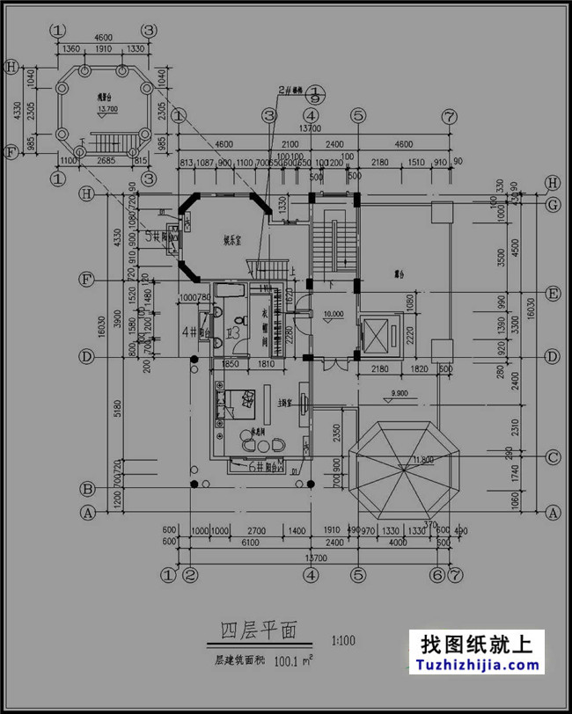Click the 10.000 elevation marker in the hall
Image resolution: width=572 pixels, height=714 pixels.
[x=334, y=314]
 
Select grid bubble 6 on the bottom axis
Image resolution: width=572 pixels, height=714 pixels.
[x=436, y=575]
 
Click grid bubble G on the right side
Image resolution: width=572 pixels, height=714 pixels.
[x=553, y=206]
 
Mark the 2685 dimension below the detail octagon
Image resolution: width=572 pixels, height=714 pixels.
[x=105, y=160]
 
